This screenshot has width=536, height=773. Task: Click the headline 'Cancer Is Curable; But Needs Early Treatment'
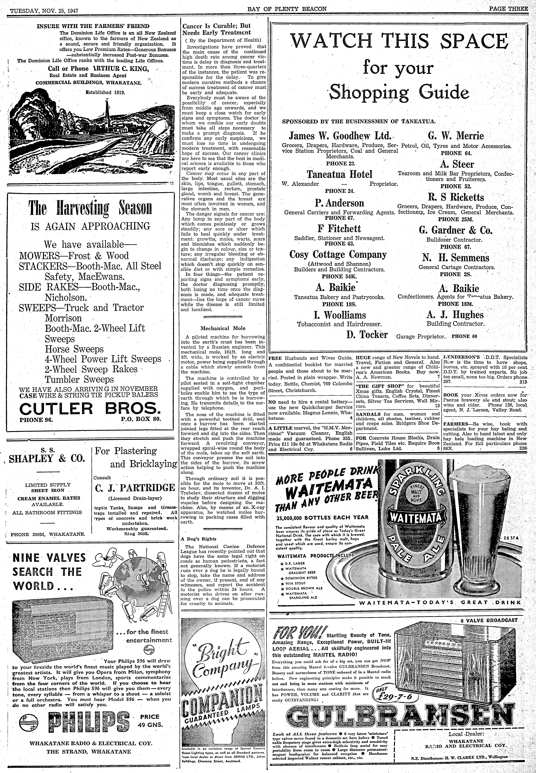coord(217,29)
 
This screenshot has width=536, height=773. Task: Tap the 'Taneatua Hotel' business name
coord(340,174)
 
